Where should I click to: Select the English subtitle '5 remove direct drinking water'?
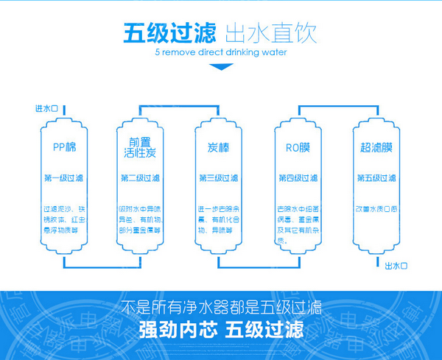pos(220,53)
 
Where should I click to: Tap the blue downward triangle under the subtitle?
pos(221,68)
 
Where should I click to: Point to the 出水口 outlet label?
pos(396,265)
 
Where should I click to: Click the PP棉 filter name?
pos(62,147)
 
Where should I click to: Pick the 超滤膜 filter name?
pos(376,147)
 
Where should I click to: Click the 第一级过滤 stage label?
pos(62,179)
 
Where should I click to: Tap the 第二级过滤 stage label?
pos(140,179)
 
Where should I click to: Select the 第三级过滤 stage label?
pos(218,179)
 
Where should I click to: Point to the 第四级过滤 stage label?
pos(298,179)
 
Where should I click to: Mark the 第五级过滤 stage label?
pos(376,179)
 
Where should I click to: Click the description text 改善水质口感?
pos(376,209)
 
